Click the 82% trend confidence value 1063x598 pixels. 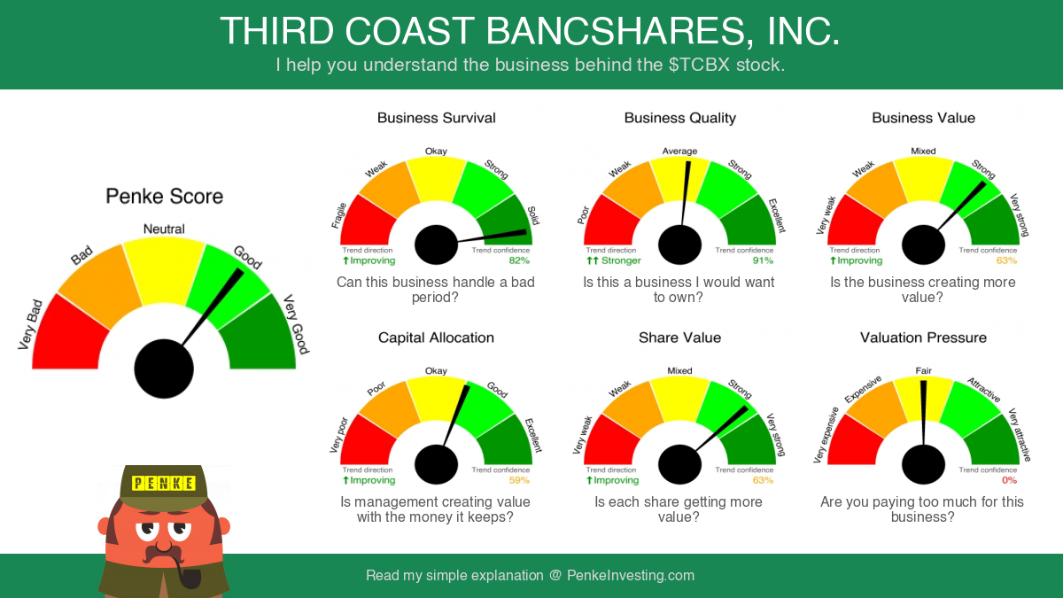519,260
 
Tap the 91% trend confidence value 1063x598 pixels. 763,260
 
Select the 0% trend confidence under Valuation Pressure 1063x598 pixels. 1009,480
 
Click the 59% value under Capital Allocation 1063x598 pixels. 519,480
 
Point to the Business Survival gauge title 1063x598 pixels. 436,118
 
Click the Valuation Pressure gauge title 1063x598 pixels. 923,338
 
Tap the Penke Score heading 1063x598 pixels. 164,196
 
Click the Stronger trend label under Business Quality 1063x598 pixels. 621,260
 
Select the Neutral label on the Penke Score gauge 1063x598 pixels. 164,229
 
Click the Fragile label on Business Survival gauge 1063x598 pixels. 338,215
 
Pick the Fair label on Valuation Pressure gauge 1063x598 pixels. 923,370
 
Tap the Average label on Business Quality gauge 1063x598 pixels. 679,151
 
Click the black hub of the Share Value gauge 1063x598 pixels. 679,464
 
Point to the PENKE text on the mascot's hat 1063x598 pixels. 163,483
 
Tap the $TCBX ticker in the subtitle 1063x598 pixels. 700,65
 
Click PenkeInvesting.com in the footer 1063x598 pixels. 631,575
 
